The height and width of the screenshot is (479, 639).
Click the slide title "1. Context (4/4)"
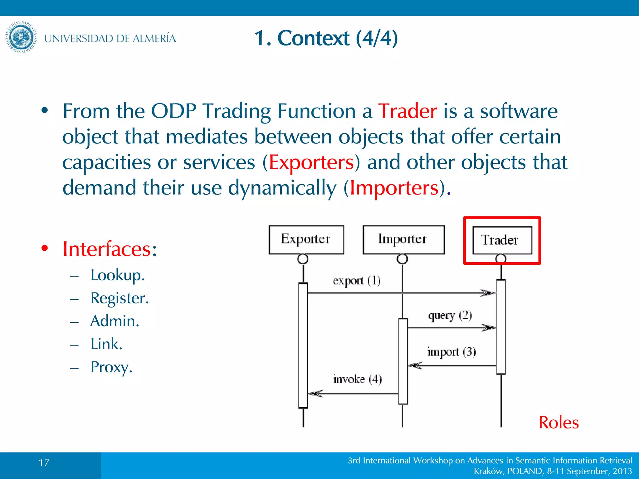[x=326, y=38]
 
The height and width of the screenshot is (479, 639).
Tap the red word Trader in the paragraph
[x=407, y=111]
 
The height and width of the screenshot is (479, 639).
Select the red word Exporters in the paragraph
[x=311, y=162]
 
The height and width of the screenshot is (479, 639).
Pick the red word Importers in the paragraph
[x=394, y=188]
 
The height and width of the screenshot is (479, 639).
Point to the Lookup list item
[x=117, y=275]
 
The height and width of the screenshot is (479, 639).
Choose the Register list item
[x=120, y=298]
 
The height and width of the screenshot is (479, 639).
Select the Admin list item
[x=115, y=321]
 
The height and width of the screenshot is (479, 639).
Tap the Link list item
[x=106, y=344]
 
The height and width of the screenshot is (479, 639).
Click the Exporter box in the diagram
[x=306, y=239]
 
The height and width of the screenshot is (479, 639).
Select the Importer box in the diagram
[x=403, y=239]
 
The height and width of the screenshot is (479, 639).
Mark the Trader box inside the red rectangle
[x=502, y=240]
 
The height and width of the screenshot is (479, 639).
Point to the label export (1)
[x=356, y=281]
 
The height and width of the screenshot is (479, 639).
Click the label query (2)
[x=450, y=316]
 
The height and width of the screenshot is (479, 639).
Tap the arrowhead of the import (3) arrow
[x=415, y=365]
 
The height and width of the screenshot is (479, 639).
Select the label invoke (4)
[x=357, y=379]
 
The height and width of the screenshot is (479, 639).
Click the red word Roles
[x=559, y=423]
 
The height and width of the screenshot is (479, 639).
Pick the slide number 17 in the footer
[x=44, y=462]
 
